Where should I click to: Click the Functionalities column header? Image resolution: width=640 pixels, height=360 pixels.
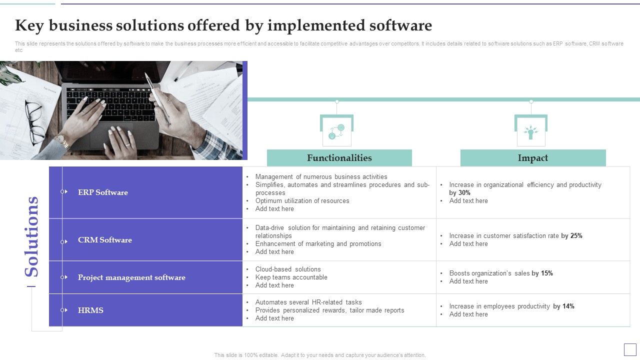[339, 158]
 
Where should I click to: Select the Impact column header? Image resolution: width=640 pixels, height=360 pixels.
[532, 158]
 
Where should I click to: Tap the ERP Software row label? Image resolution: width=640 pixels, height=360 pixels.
[103, 192]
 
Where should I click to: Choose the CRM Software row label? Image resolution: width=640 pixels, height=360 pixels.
[105, 240]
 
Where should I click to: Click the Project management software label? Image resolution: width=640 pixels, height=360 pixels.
[131, 277]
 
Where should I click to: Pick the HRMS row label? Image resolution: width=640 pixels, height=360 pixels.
[90, 310]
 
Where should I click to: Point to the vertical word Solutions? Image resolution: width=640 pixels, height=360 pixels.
[32, 236]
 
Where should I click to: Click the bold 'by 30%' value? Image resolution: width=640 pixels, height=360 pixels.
[459, 193]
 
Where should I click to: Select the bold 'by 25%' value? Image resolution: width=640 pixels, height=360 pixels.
[571, 236]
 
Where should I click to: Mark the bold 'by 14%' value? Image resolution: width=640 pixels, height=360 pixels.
[563, 306]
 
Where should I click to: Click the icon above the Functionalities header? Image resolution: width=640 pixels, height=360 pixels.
[336, 131]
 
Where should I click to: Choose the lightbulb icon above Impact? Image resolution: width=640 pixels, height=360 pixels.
[530, 131]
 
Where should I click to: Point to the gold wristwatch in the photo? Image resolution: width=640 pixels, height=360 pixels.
[62, 143]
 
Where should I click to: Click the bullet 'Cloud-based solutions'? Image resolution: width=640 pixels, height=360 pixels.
[288, 269]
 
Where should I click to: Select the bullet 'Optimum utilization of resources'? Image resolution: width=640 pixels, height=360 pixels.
[302, 201]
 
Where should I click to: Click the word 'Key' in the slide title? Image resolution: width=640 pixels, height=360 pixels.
[29, 25]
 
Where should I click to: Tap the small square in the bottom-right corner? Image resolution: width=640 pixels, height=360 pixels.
[630, 349]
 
